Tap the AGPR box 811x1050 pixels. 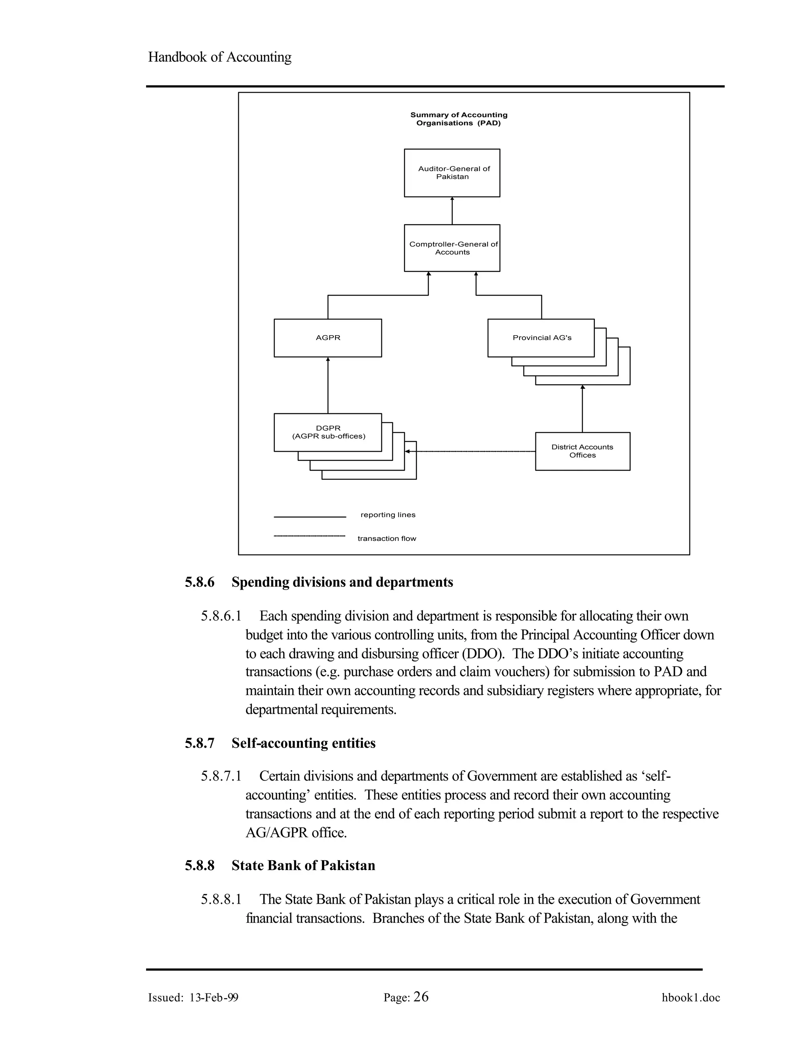[327, 338]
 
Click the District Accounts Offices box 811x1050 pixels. [582, 451]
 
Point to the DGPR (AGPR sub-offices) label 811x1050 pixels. [328, 432]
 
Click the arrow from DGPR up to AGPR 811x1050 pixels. [328, 385]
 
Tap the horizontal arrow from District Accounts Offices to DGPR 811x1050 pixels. [471, 451]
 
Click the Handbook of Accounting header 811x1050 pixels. [219, 57]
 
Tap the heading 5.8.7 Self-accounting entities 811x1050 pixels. [280, 743]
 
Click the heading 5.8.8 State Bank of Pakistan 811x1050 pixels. [280, 865]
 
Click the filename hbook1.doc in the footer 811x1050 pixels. [690, 998]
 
